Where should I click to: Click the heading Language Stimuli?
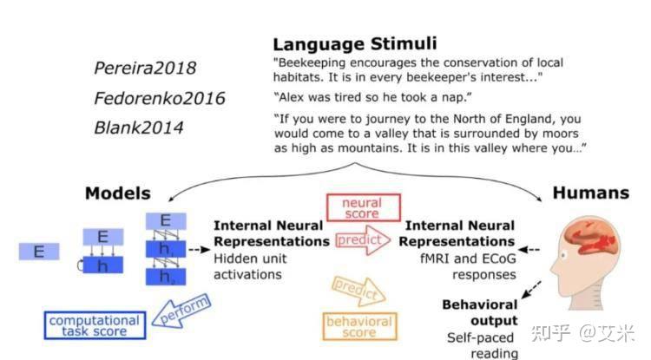[355, 43]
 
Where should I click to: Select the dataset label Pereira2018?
[146, 68]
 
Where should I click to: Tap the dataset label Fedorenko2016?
[159, 98]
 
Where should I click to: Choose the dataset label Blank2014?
[139, 128]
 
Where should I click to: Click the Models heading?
[117, 193]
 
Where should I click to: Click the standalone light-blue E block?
[38, 252]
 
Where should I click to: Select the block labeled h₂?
[166, 276]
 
